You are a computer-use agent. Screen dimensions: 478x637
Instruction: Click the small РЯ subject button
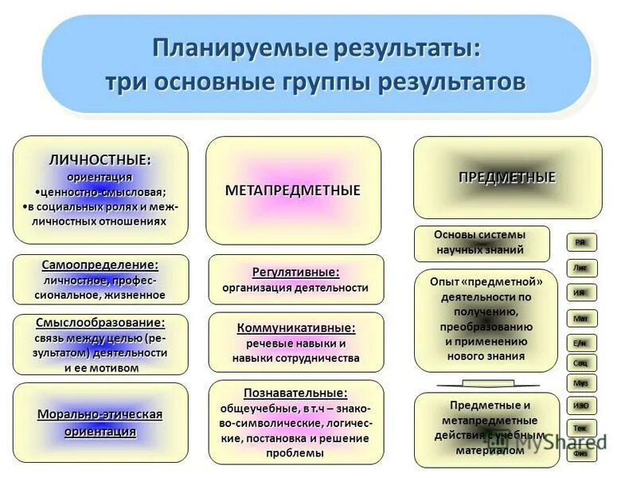coord(581,242)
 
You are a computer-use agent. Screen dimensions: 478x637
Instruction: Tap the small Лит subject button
coord(581,268)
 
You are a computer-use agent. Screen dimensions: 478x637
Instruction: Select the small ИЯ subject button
coord(581,292)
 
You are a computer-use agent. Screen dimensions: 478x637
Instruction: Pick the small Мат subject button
coord(581,318)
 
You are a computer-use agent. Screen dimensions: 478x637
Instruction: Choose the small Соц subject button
coord(581,362)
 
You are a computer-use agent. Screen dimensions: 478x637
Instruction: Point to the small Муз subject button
coord(581,383)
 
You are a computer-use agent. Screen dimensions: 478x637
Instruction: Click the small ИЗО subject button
coord(581,406)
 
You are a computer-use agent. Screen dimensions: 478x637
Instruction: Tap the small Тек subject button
coord(581,429)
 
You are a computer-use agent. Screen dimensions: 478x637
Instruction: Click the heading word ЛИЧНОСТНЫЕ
coord(100,159)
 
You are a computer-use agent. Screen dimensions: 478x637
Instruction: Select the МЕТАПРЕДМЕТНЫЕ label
coord(293,190)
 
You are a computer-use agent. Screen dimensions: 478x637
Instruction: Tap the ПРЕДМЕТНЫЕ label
coord(506,177)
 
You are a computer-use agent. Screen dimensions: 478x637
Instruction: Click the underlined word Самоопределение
coord(100,264)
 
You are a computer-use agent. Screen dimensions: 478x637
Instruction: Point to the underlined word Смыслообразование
coord(100,323)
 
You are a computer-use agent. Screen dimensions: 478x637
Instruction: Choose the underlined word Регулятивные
coord(295,272)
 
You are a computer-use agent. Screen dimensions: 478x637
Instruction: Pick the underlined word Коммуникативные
coord(295,327)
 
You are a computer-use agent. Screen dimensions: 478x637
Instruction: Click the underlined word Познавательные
coord(295,393)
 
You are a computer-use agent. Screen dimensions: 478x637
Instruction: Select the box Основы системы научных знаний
coord(481,243)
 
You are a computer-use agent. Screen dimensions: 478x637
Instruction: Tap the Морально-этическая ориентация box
coord(100,423)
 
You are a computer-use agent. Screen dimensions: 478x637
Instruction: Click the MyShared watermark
coord(570,441)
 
